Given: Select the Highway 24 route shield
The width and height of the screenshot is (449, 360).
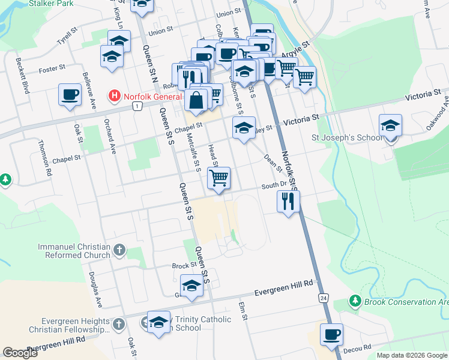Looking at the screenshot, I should (324, 298).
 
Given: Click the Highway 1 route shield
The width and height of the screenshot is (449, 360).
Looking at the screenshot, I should (137, 106).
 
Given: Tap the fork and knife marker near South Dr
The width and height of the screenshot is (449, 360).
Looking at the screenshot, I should (288, 200).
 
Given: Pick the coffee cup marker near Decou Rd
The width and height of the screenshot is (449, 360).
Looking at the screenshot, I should (331, 334).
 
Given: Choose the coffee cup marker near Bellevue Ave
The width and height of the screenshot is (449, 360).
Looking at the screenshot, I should (70, 95).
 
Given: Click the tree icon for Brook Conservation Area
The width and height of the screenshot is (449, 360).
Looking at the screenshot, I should (355, 300).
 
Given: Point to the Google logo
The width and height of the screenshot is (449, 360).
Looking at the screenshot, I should (20, 353).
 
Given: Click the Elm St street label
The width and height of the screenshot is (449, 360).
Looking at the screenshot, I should (243, 311).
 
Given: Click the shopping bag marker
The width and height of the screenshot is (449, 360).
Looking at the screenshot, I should (196, 100).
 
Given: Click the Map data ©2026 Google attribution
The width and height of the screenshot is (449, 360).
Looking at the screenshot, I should (412, 355).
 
